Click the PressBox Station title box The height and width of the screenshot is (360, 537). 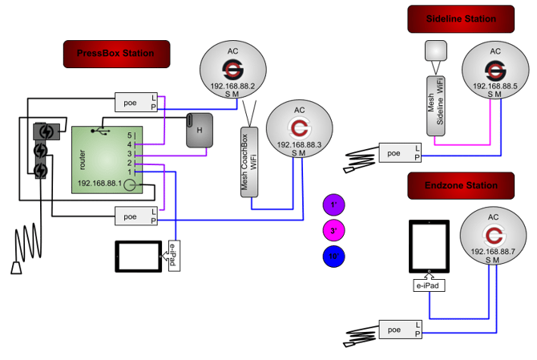[x=108, y=54]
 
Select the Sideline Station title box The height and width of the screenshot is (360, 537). [x=460, y=18]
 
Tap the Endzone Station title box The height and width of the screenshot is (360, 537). [x=460, y=185]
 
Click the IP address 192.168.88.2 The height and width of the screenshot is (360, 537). [x=232, y=86]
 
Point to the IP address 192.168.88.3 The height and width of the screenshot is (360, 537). [x=297, y=144]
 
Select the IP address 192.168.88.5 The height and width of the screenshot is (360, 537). [x=495, y=85]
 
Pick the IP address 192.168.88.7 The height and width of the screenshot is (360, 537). [x=495, y=251]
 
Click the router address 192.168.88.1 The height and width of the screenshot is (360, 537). [x=102, y=184]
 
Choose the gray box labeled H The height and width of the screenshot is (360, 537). [x=200, y=130]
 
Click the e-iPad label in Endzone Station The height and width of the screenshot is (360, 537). [x=428, y=285]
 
